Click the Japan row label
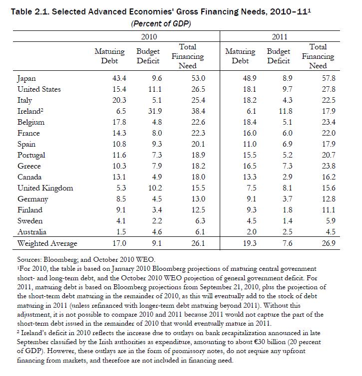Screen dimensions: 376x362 click(26, 78)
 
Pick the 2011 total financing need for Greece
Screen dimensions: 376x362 click(318, 166)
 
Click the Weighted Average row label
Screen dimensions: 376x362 click(47, 243)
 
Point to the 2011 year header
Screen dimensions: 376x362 click(279, 36)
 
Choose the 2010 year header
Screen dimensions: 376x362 click(149, 36)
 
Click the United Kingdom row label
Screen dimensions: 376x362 click(45, 188)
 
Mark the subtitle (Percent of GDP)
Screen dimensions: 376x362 click(161, 23)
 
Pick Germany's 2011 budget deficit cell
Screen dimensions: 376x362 click(280, 199)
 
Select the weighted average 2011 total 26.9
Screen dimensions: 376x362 click(318, 243)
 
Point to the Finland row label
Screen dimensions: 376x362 click(29, 210)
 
